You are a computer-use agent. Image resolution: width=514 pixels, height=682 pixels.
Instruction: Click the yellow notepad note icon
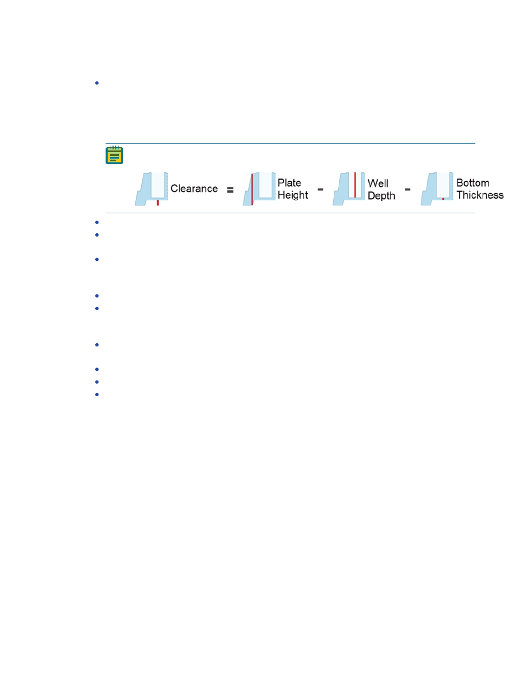114,155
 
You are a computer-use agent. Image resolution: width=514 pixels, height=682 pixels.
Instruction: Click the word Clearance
194,189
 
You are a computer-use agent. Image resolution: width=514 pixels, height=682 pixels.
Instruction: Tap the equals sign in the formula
230,189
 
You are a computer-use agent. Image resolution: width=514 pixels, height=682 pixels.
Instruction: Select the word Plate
289,183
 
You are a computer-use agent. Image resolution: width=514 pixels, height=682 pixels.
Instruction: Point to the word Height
293,195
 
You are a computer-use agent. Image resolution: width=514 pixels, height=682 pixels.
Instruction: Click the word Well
378,183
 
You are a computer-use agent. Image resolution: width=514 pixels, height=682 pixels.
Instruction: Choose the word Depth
381,195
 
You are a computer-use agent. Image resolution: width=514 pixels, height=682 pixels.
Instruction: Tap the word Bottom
472,183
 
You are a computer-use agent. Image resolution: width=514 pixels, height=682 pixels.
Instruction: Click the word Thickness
480,195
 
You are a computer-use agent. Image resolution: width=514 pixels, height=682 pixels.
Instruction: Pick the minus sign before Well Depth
321,189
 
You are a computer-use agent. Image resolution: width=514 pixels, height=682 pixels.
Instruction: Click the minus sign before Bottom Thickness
408,189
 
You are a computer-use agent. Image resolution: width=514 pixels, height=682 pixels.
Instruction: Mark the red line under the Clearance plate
157,202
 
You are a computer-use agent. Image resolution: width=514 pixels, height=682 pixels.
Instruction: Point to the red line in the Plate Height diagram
253,189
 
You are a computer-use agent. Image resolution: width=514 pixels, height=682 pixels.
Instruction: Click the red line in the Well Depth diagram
355,185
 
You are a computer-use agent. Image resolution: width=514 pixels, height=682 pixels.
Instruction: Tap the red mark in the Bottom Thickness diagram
443,199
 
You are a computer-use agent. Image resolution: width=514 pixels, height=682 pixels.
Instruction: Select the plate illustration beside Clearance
152,189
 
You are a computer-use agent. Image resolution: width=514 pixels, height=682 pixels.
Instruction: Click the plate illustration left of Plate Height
258,189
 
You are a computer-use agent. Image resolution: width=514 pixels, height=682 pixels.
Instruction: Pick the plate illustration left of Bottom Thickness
437,189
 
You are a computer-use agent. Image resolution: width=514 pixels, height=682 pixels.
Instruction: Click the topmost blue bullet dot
96,83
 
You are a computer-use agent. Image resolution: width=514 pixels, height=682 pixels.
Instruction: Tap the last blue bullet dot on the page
96,395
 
